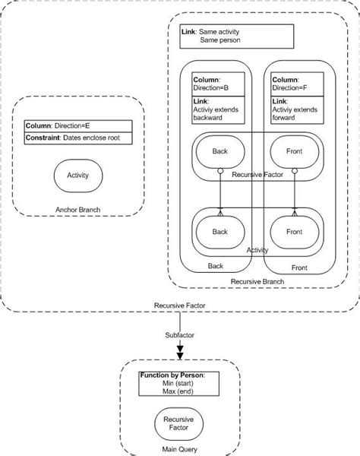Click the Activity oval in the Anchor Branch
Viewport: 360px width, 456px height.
tap(78, 176)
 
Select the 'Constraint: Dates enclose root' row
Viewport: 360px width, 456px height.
tap(78, 138)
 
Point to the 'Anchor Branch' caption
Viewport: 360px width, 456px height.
tap(78, 211)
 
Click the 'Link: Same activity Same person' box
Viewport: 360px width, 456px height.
tap(236, 36)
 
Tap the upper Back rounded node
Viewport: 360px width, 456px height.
tap(219, 152)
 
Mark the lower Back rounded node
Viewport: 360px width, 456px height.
tap(219, 230)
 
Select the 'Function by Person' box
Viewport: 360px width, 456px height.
tap(179, 384)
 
